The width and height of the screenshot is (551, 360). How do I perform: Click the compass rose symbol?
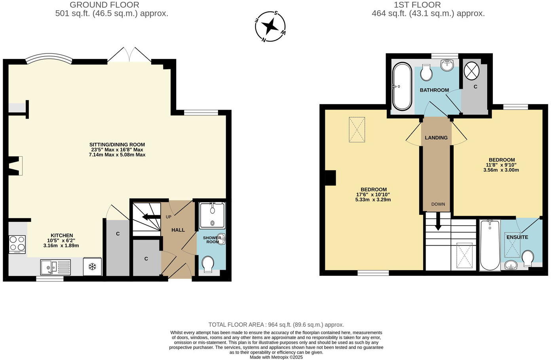pyautogui.click(x=270, y=27)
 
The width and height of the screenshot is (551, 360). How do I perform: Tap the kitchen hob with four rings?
pyautogui.click(x=17, y=244)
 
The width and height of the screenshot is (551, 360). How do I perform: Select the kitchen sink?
pyautogui.click(x=55, y=267)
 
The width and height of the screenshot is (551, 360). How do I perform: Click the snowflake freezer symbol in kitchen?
pyautogui.click(x=92, y=267)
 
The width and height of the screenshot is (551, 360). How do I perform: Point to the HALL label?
pyautogui.click(x=178, y=230)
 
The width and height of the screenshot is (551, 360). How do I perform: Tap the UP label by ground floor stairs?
pyautogui.click(x=168, y=217)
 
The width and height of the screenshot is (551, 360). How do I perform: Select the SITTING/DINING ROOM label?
pyautogui.click(x=117, y=145)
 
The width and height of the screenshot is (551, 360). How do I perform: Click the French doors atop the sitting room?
pyautogui.click(x=129, y=55)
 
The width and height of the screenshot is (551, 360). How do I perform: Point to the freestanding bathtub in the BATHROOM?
pyautogui.click(x=402, y=86)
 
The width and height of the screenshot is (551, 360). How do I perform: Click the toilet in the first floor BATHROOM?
pyautogui.click(x=426, y=72)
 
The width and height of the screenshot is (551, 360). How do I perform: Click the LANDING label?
pyautogui.click(x=436, y=138)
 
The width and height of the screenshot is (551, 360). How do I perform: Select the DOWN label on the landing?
pyautogui.click(x=438, y=204)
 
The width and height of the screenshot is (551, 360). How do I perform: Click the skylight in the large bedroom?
pyautogui.click(x=357, y=129)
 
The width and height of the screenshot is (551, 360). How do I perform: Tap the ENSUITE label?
pyautogui.click(x=517, y=237)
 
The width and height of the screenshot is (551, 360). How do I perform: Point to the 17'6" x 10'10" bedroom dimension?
pyautogui.click(x=373, y=195)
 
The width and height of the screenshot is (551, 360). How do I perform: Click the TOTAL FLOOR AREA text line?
pyautogui.click(x=276, y=325)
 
